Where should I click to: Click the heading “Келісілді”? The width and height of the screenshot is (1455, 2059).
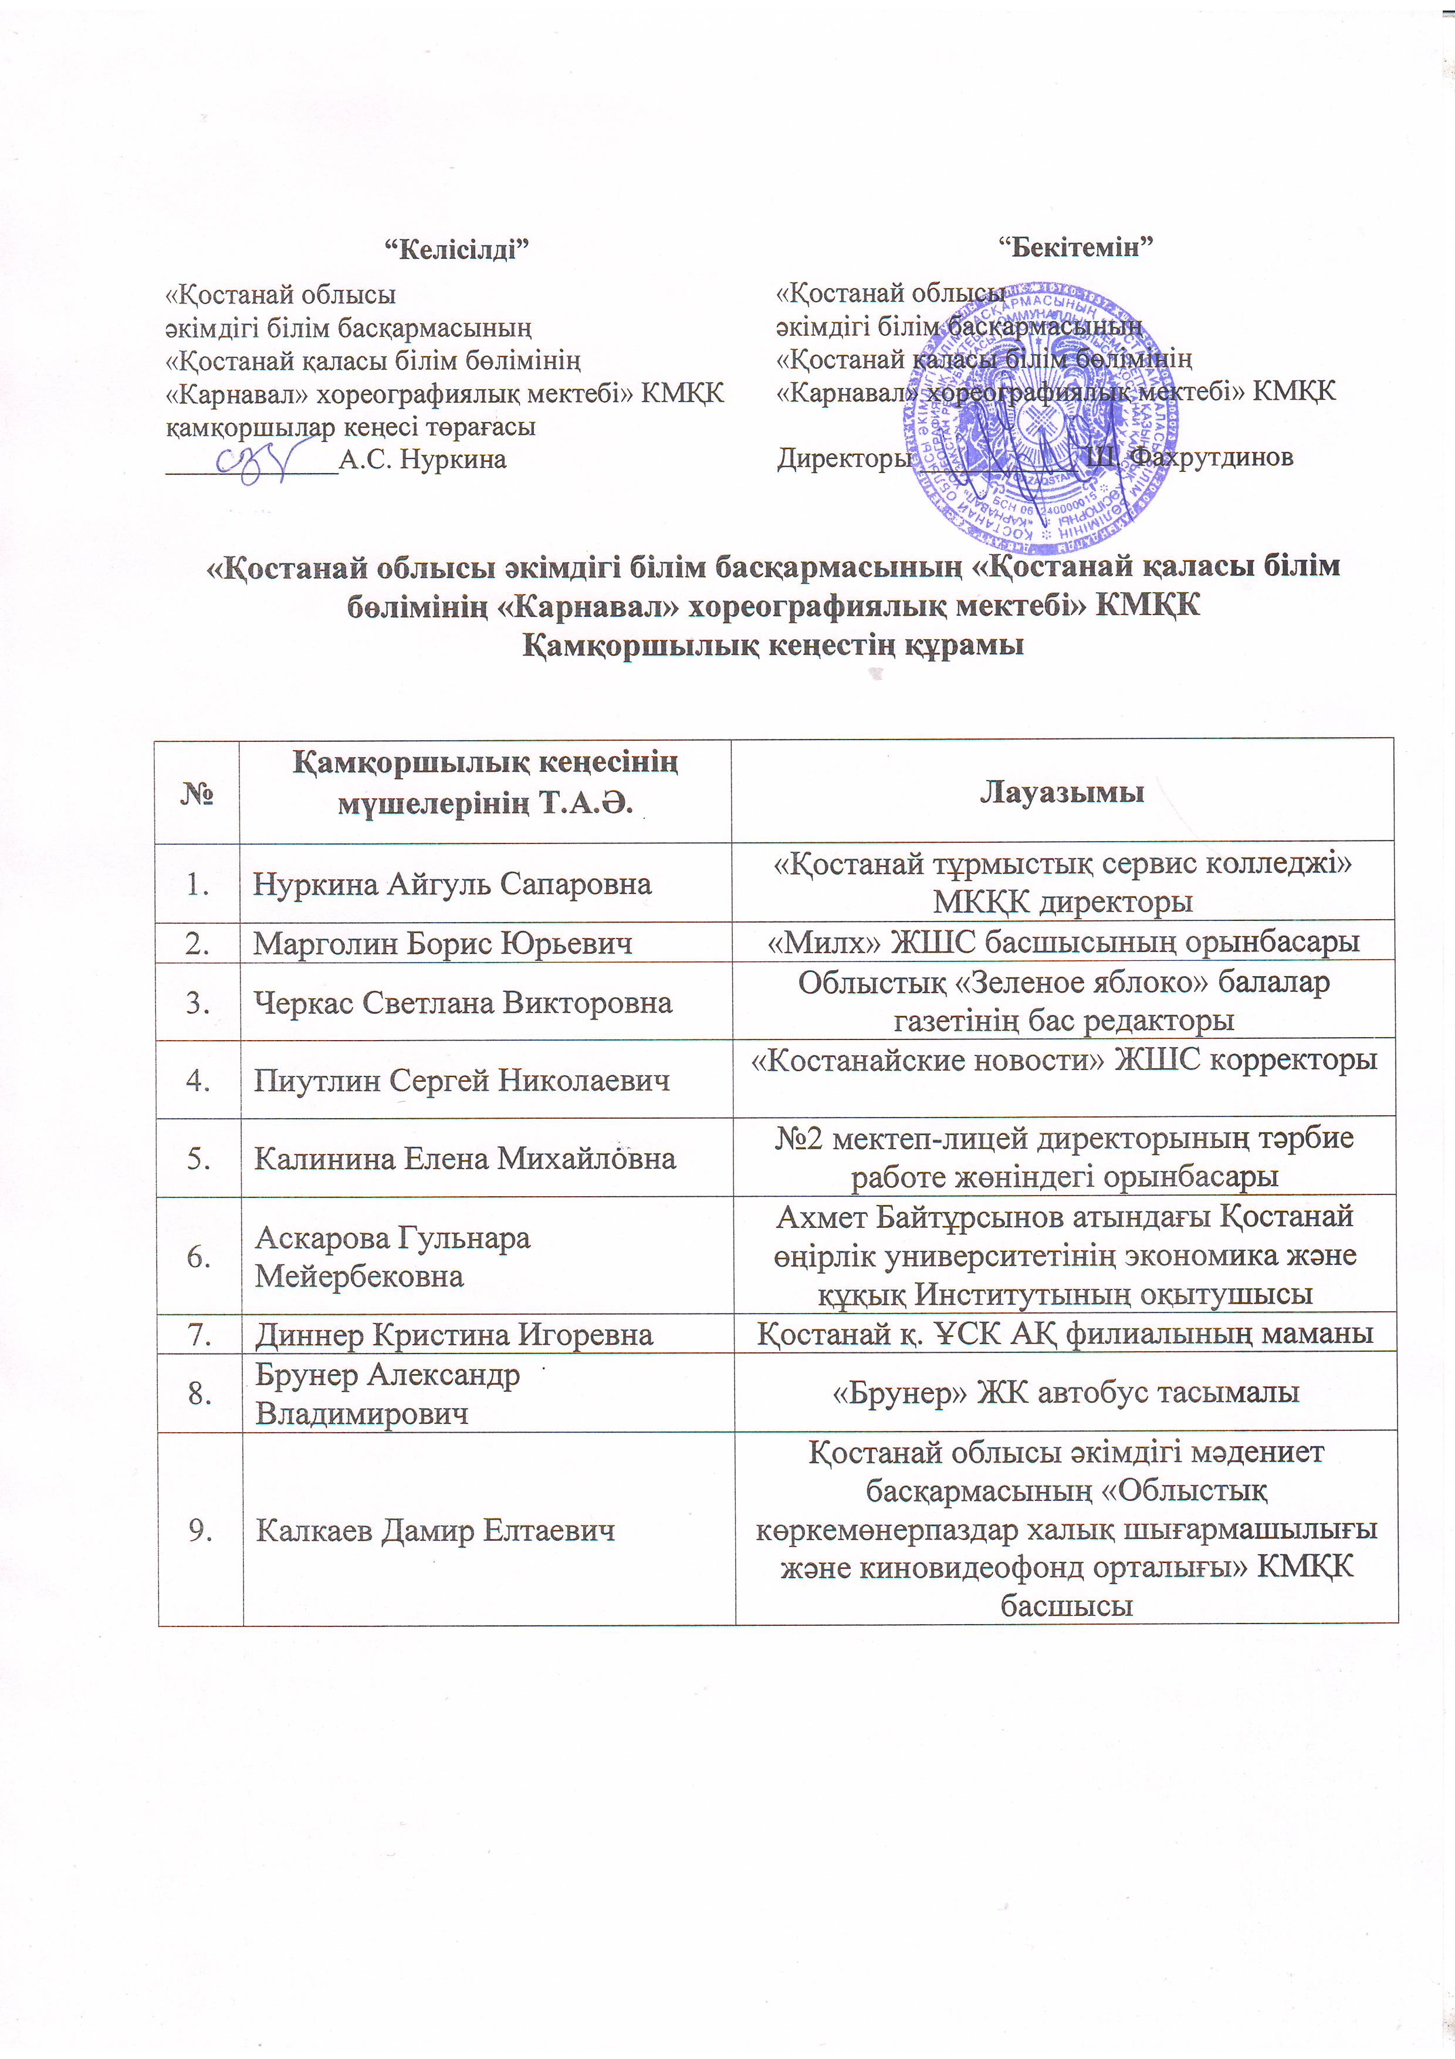[x=455, y=248]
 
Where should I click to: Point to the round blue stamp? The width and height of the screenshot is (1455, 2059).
[x=1040, y=418]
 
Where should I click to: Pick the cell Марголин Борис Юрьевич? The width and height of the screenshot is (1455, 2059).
[x=443, y=943]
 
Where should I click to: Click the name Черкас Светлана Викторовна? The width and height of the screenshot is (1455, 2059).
[x=462, y=1003]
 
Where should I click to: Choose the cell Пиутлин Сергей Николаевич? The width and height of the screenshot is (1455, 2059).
[x=462, y=1081]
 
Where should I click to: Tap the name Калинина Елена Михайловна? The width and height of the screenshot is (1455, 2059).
[x=465, y=1159]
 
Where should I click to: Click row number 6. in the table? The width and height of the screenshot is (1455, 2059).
[x=198, y=1257]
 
